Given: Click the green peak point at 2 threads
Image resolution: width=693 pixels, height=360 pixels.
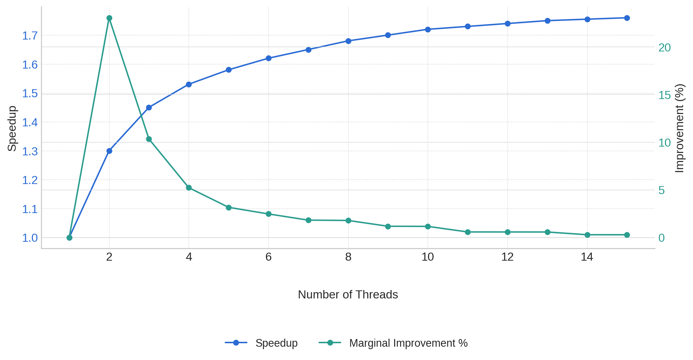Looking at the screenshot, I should coord(109,18).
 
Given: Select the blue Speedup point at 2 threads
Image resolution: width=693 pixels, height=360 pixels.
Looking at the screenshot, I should coord(109,151).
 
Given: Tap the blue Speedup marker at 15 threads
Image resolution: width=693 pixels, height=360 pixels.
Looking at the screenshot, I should coord(627,18).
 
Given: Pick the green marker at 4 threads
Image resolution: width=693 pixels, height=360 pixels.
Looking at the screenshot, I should coord(189,188).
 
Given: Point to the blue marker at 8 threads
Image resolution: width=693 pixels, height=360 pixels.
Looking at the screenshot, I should coord(348,41).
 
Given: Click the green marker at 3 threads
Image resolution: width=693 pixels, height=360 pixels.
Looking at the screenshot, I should coord(149,139).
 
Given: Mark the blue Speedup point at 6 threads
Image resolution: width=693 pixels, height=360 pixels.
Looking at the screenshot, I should coord(268,58).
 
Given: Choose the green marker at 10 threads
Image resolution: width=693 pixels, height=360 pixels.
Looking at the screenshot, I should coord(428,227).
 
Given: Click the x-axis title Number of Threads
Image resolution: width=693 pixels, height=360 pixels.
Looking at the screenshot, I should coord(348,295).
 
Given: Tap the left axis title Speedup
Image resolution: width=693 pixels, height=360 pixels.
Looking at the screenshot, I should coord(12,128).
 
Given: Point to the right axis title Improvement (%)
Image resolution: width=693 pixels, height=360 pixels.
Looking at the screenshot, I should coord(679,128).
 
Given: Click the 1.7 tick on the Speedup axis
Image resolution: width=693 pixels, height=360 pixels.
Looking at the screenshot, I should coord(30,36).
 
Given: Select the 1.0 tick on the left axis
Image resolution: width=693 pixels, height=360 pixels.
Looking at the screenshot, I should coord(30,238).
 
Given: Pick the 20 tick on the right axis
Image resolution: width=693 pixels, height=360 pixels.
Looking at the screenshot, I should coord(664,48).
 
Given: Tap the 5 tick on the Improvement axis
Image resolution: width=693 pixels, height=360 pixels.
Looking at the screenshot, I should coord(661,190).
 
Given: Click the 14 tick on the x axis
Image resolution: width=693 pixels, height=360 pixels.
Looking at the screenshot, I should coord(587,257).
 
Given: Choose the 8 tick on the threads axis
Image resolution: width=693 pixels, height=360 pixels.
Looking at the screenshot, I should coord(348,257).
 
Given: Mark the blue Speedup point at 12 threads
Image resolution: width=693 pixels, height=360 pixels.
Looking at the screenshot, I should coord(507,24).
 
